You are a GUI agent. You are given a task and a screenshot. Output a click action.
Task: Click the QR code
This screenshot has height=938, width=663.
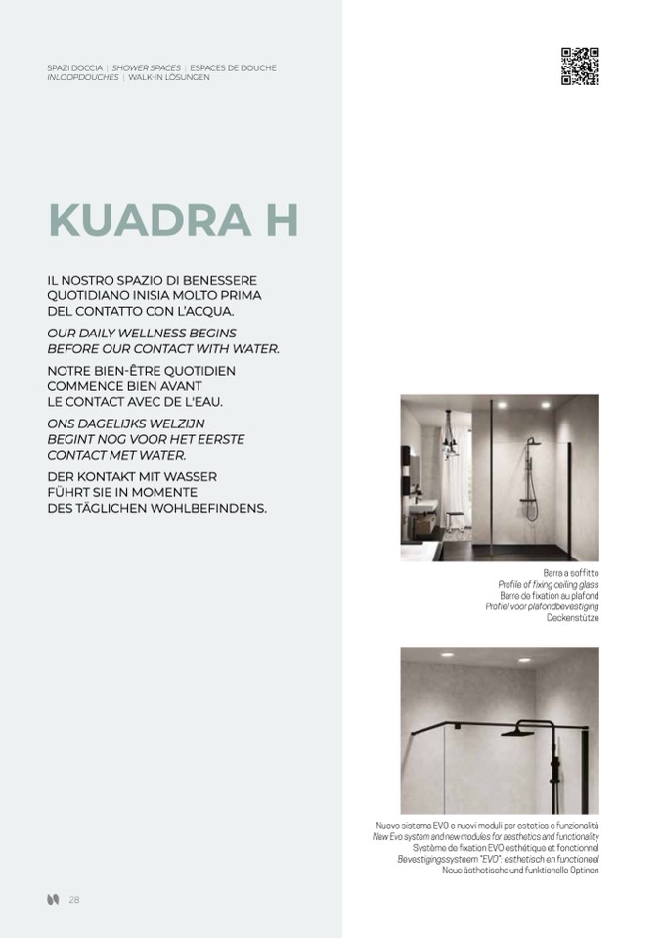pyautogui.click(x=579, y=67)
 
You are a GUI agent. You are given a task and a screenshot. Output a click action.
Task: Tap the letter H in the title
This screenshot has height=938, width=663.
pyautogui.click(x=280, y=221)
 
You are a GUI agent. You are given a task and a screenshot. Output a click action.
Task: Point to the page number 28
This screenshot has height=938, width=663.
pyautogui.click(x=74, y=900)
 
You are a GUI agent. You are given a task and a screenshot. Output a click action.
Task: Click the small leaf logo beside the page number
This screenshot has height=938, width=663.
pyautogui.click(x=53, y=900)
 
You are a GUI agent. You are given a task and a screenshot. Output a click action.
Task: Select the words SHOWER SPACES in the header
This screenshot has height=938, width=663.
pyautogui.click(x=147, y=68)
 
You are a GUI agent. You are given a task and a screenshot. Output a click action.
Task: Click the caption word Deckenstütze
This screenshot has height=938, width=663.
pyautogui.click(x=573, y=618)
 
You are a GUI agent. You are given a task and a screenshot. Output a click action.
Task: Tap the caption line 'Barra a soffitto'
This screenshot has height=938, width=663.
pyautogui.click(x=571, y=572)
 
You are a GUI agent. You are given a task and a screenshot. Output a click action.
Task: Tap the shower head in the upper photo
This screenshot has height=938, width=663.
pyautogui.click(x=532, y=442)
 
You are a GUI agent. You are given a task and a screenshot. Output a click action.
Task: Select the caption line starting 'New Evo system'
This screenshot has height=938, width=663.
pyautogui.click(x=485, y=837)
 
